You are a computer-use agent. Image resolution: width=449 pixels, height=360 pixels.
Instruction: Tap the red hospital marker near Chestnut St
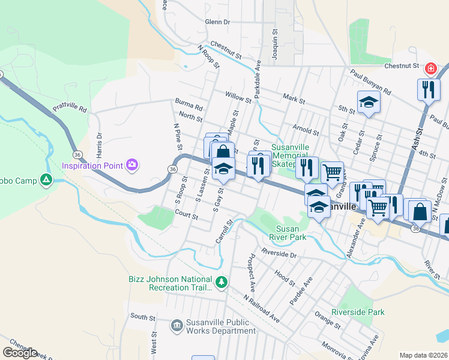pos(430,70)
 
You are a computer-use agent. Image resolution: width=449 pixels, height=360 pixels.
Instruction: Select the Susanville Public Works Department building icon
pos(176,326)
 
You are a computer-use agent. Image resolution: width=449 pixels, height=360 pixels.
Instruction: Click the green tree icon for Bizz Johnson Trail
pos(221,281)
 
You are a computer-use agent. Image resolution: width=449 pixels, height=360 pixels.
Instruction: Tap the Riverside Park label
pos(358,313)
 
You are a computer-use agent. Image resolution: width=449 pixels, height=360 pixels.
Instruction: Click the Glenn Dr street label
pos(217,22)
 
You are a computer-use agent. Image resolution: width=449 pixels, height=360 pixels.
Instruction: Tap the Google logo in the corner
pos(20,353)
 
